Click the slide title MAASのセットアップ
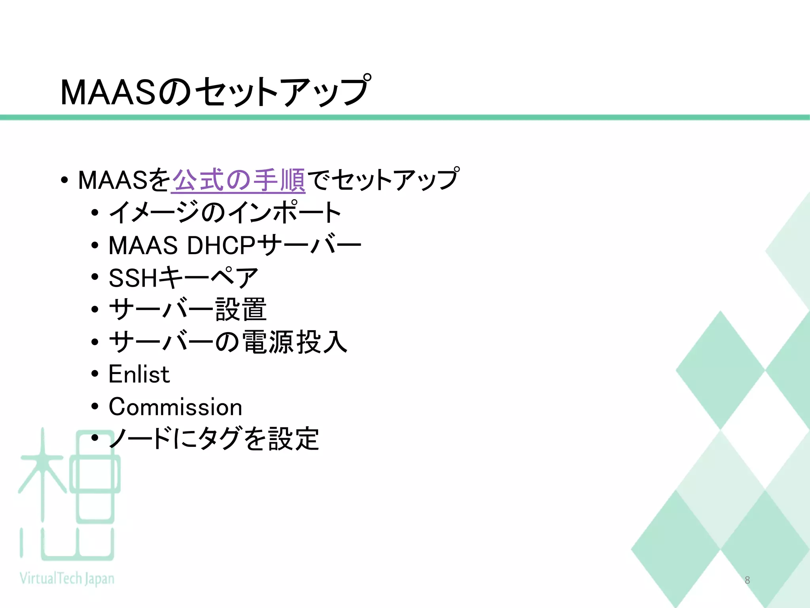point(216,92)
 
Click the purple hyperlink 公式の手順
point(238,180)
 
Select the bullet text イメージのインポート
point(225,213)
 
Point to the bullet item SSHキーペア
point(183,277)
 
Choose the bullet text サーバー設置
point(187,310)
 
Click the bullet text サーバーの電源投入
point(228,342)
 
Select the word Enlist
point(139,374)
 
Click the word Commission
point(175,407)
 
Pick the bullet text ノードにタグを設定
point(214,439)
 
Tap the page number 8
point(747,580)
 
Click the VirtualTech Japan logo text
point(67,579)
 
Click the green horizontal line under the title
point(405,118)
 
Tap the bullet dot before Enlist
point(95,374)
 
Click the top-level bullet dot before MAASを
point(64,181)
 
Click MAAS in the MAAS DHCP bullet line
point(143,245)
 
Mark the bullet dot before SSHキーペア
point(95,277)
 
